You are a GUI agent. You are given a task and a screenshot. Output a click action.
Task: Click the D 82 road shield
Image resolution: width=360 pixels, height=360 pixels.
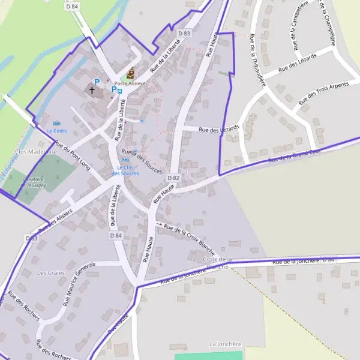(x=173, y=178)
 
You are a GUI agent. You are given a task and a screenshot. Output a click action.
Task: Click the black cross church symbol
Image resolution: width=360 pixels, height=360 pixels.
(x=92, y=90)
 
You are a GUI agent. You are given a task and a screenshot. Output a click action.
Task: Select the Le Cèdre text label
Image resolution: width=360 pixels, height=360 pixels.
(x=57, y=130)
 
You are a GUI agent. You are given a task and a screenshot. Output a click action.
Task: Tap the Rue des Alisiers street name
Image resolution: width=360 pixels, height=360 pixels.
(x=55, y=220)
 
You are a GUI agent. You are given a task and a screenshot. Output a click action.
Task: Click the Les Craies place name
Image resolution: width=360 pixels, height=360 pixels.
(x=50, y=272)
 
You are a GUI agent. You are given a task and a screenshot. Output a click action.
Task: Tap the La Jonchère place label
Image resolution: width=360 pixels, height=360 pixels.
(x=225, y=344)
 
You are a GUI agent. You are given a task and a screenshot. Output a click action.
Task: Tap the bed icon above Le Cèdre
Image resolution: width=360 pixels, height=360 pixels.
(x=57, y=122)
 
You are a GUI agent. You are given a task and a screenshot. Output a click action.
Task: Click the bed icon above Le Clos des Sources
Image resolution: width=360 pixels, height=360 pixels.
(x=125, y=160)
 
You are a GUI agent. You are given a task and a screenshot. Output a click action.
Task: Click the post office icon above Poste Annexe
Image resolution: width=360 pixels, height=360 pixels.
(x=130, y=73)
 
